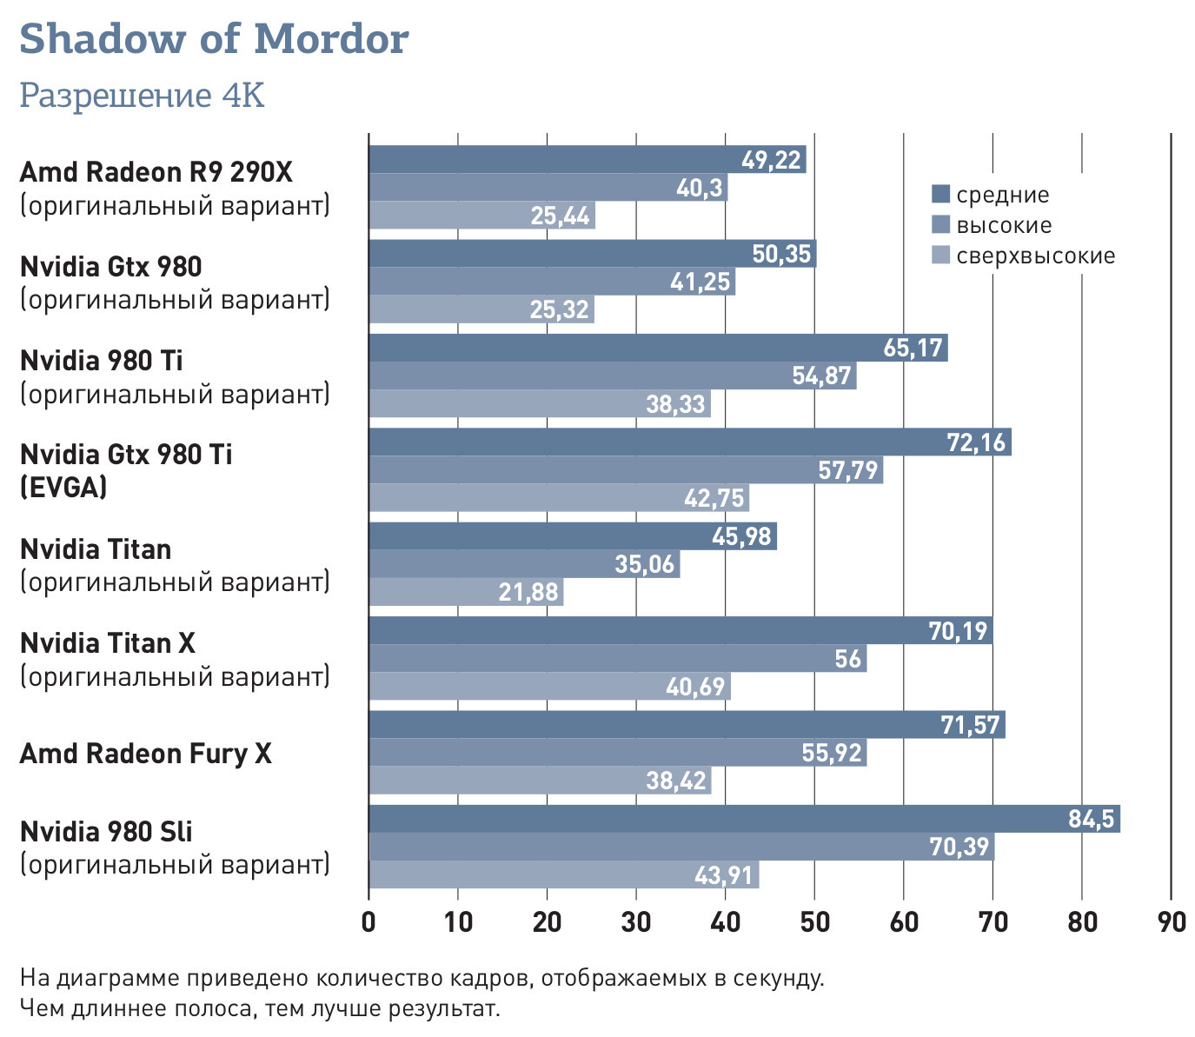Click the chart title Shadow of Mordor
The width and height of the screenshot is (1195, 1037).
pyautogui.click(x=214, y=39)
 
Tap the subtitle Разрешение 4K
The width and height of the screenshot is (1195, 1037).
pyautogui.click(x=142, y=96)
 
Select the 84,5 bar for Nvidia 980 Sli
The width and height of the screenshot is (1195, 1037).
pyautogui.click(x=744, y=819)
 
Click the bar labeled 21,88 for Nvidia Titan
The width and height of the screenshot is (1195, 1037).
pyautogui.click(x=466, y=592)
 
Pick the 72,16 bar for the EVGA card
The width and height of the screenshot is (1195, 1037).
pyautogui.click(x=689, y=442)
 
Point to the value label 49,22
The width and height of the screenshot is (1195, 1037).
pyautogui.click(x=771, y=160)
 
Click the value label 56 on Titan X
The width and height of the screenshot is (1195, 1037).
pyautogui.click(x=847, y=659)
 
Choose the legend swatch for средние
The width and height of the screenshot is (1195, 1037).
pyautogui.click(x=940, y=195)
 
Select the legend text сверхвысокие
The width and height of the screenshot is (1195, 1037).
pyautogui.click(x=1035, y=256)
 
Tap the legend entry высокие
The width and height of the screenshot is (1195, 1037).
pyautogui.click(x=1004, y=226)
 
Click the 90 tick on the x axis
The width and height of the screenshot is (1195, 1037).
pyautogui.click(x=1172, y=921)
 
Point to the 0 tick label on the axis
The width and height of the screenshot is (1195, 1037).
pyautogui.click(x=368, y=921)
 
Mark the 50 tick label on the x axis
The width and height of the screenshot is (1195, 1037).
pyautogui.click(x=814, y=921)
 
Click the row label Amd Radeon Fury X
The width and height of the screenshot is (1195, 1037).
pyautogui.click(x=146, y=754)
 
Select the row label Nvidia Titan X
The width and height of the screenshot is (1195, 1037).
pyautogui.click(x=108, y=643)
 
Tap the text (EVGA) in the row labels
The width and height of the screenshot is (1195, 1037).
pyautogui.click(x=63, y=488)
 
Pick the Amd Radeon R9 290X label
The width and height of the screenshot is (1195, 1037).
pyautogui.click(x=156, y=172)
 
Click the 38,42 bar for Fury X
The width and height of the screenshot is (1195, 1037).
pyautogui.click(x=540, y=781)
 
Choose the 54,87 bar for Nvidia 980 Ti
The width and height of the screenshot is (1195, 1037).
pyautogui.click(x=612, y=376)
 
